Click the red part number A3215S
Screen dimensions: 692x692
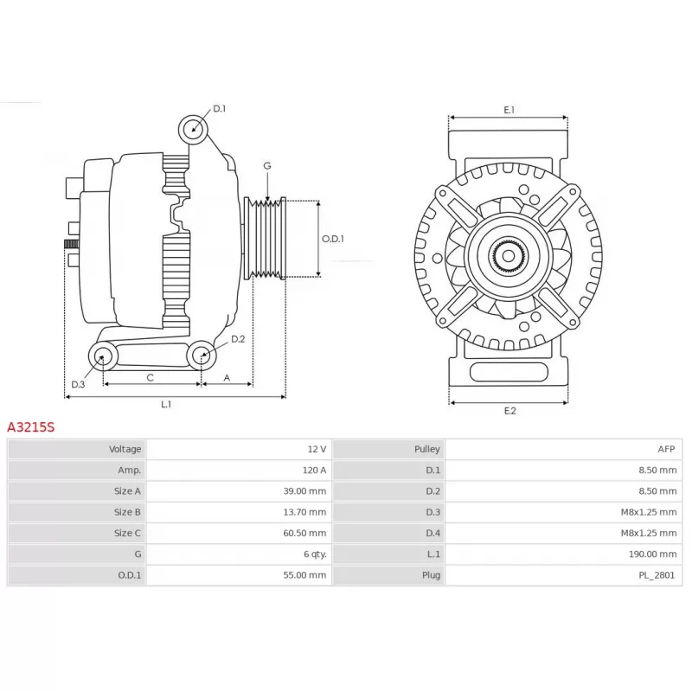(x=31, y=427)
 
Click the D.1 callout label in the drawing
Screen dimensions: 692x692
(x=220, y=109)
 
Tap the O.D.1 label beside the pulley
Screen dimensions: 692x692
(x=333, y=239)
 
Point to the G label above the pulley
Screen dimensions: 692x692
(x=267, y=166)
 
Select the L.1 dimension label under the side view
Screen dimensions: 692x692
(x=166, y=404)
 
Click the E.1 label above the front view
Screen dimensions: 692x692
(x=509, y=110)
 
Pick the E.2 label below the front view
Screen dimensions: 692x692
(x=509, y=411)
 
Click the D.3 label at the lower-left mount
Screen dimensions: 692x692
(x=78, y=384)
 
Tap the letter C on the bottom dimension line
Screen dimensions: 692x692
(x=150, y=378)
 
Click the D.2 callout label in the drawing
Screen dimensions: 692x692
(x=238, y=339)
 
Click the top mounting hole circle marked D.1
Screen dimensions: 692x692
(x=193, y=129)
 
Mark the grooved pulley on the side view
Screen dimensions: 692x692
(x=266, y=239)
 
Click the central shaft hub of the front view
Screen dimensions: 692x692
(x=509, y=255)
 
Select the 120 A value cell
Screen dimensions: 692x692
(x=315, y=470)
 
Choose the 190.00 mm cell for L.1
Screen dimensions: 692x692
(x=653, y=554)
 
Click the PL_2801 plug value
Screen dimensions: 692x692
(x=657, y=575)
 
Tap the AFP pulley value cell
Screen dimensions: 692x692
(x=666, y=449)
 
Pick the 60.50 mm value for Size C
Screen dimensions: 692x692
(x=304, y=533)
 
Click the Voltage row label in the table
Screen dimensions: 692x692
(x=125, y=449)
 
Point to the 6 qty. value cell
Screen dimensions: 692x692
(x=315, y=554)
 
